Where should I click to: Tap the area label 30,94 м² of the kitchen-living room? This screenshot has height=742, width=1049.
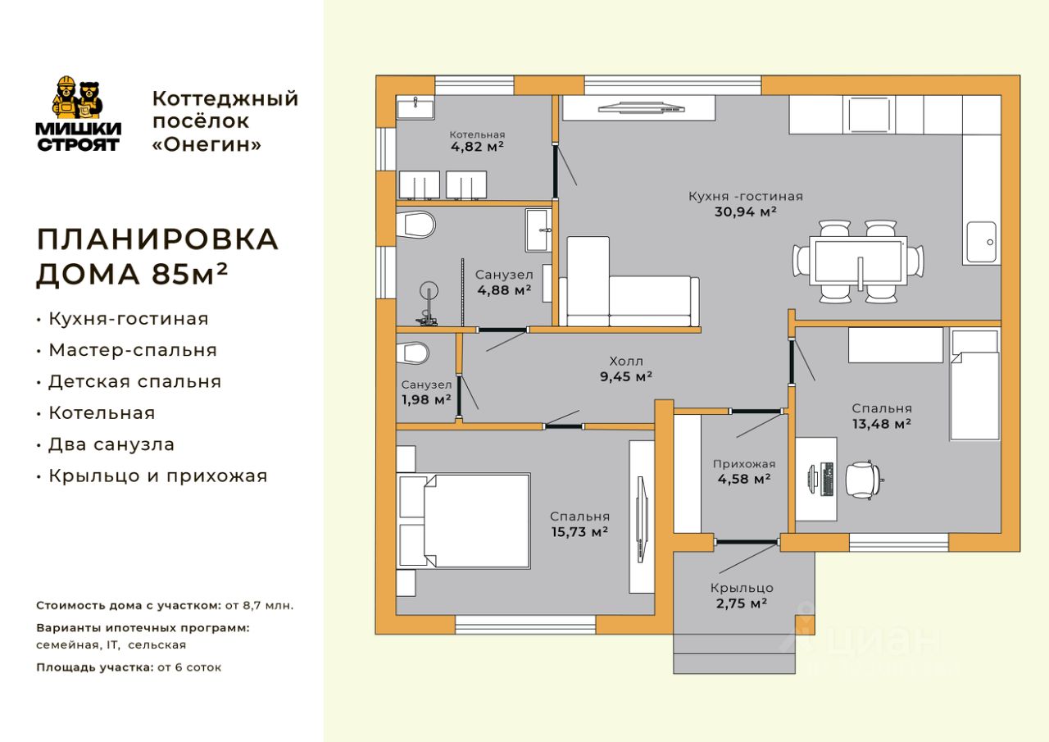point(746,212)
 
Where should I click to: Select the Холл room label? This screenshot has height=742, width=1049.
point(626,362)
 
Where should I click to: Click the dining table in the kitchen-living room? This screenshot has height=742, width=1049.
point(858,261)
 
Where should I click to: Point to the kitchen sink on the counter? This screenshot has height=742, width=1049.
point(982,242)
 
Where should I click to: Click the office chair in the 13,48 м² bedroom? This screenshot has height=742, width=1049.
point(863,480)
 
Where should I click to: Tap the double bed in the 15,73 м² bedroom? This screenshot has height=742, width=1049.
point(464,521)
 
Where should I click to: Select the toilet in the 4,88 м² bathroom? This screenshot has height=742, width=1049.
point(416,225)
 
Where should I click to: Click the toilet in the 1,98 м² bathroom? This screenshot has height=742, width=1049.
point(412,353)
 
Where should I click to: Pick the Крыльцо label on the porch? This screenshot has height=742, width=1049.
point(742,588)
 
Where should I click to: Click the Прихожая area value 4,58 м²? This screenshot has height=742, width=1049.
point(744,479)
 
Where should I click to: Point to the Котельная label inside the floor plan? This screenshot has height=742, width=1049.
point(477,135)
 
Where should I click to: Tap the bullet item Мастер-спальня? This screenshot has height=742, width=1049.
point(133,350)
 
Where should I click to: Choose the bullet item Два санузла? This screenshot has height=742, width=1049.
point(111,444)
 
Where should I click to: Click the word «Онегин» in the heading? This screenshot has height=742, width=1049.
point(207,145)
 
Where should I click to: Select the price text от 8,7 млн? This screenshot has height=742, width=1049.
point(259,605)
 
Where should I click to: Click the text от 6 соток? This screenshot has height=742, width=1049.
point(189,667)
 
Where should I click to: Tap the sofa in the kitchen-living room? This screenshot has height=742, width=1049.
point(629,281)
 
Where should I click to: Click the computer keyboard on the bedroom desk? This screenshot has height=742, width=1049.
point(828,479)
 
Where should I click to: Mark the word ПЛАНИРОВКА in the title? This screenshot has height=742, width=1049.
point(157,239)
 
